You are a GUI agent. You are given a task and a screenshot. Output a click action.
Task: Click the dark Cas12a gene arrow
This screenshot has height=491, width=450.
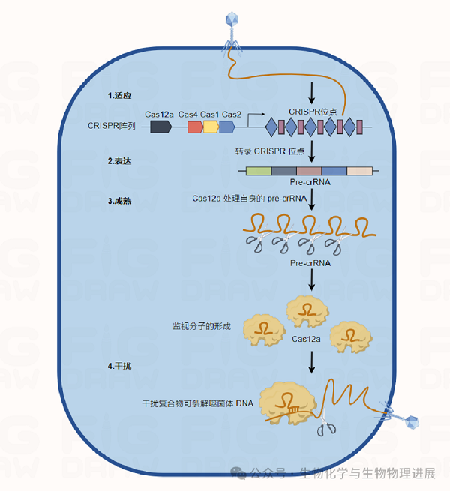[x=160, y=127]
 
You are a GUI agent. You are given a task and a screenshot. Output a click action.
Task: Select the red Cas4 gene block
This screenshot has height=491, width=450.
[x=194, y=127]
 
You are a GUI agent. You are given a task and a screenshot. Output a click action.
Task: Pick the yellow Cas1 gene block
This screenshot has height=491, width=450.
[x=211, y=127]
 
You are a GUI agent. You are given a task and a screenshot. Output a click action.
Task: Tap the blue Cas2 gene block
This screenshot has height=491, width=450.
[x=227, y=127]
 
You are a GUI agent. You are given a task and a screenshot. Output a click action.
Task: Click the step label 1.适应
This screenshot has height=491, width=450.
[x=119, y=96]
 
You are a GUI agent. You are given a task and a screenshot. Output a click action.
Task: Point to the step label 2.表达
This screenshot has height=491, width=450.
[x=119, y=161]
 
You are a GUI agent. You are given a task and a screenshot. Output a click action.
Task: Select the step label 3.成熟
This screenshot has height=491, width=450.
[x=119, y=201]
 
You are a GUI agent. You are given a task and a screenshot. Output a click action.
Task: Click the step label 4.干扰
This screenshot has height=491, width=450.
[x=119, y=365]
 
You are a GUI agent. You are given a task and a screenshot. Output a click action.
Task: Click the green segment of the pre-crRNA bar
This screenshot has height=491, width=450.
[x=259, y=171]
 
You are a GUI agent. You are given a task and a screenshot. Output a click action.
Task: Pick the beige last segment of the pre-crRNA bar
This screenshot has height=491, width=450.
[x=359, y=171]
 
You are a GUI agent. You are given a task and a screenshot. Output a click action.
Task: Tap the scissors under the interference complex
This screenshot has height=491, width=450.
[x=325, y=427]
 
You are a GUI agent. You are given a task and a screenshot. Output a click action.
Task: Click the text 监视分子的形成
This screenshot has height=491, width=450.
[x=202, y=326]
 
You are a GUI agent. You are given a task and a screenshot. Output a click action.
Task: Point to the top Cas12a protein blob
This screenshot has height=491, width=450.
[x=307, y=310]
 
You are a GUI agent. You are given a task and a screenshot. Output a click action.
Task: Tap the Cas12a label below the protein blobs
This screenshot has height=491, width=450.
[x=307, y=340]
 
